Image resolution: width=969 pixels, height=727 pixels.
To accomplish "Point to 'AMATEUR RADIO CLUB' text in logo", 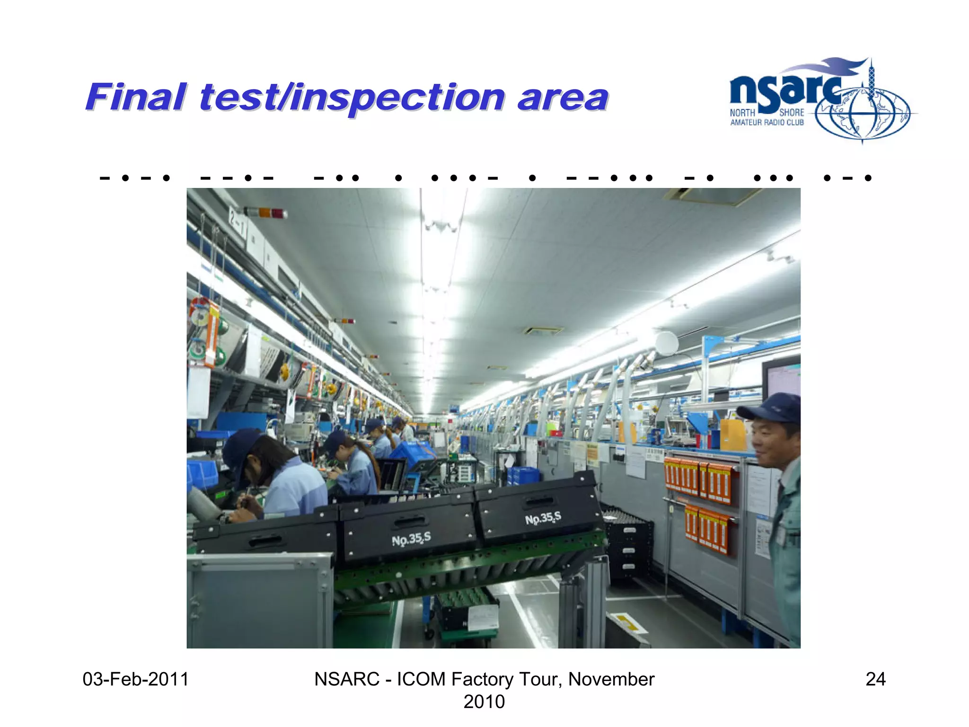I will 766,123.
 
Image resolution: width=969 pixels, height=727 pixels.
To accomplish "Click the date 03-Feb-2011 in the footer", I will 135,679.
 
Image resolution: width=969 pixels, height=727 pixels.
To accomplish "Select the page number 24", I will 875,679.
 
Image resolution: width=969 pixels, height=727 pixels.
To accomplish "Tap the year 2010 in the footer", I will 484,701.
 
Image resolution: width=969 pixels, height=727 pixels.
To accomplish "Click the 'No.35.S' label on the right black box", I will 543,518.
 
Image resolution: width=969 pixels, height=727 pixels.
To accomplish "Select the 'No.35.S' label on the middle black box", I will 411,539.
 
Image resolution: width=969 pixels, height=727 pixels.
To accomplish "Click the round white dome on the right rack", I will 666,343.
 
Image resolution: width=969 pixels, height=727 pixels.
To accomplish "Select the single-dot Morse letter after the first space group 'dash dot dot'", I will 398,178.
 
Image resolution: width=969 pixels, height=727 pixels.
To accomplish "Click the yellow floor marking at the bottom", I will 627,622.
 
